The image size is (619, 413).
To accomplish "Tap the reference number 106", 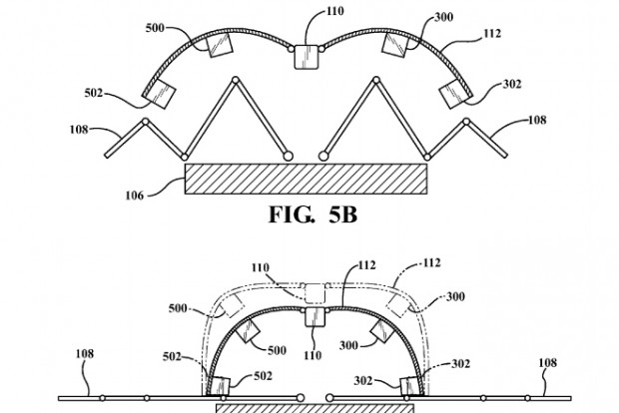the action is point(134,196).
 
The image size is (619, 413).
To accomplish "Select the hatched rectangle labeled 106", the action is point(306,180).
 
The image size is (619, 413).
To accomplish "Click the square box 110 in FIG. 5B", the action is point(307,57).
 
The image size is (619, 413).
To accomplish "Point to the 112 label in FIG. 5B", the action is point(492,34).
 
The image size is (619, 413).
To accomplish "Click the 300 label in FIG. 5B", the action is point(444,17).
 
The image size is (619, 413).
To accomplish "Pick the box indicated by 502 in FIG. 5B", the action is point(159,93).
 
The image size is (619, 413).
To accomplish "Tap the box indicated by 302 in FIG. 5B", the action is point(455,93).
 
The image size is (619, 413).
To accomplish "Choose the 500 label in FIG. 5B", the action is point(155,28).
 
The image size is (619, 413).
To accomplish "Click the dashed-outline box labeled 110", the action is point(314,294).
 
